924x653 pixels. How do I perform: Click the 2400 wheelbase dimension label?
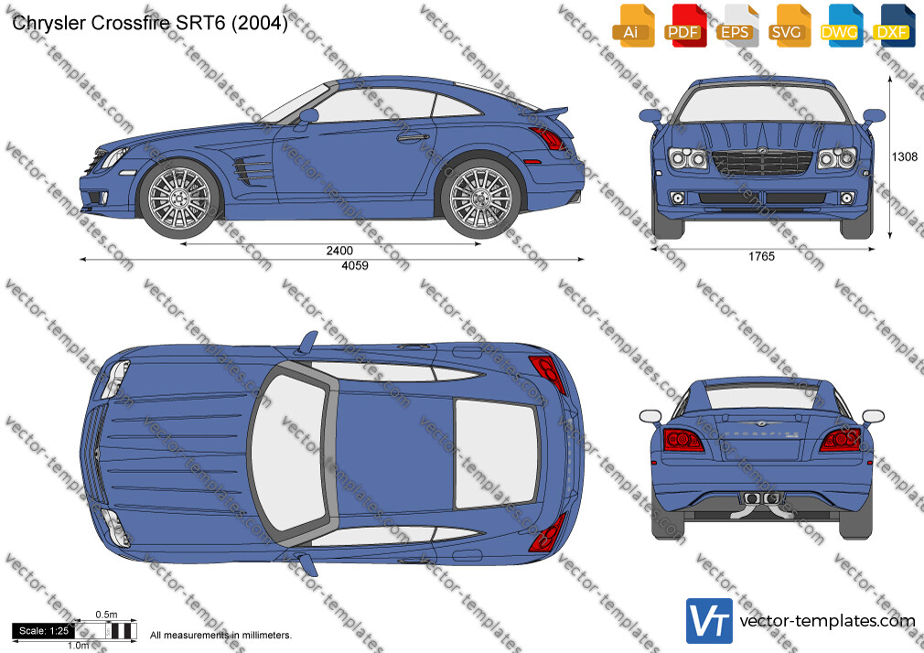(339, 251)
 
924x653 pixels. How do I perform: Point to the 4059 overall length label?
(355, 266)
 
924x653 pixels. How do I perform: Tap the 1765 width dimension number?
(761, 256)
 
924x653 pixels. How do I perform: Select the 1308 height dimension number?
(905, 156)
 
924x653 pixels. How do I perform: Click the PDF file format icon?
(683, 26)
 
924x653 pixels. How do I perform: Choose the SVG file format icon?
(787, 26)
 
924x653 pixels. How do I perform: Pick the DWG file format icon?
(839, 26)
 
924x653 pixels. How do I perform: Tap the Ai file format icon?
(631, 26)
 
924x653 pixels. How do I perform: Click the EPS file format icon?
(735, 26)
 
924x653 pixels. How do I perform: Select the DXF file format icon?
(892, 26)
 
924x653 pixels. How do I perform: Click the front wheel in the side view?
(178, 198)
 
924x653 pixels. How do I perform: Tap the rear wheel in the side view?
(480, 198)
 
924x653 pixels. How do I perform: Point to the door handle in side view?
(413, 138)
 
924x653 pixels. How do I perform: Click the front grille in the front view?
(761, 163)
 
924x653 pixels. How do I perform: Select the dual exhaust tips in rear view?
(761, 498)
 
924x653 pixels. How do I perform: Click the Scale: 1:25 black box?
(43, 631)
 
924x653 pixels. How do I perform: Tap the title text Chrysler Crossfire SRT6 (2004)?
(150, 23)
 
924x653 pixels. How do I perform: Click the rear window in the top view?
(496, 454)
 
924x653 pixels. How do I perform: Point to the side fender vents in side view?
(253, 169)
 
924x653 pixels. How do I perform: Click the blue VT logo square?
(709, 621)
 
